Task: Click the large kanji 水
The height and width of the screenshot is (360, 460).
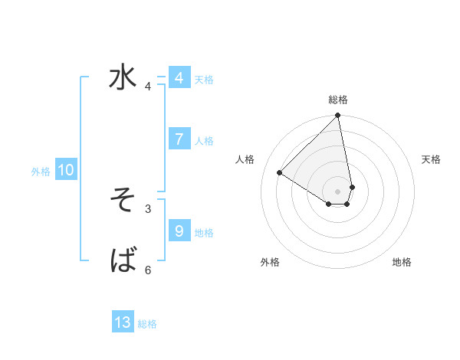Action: tap(123, 78)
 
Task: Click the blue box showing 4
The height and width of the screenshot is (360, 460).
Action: tap(179, 77)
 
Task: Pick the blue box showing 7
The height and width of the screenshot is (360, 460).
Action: tap(179, 139)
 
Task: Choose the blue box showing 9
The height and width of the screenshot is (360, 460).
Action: tap(179, 231)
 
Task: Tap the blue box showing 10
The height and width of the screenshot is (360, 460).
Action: tap(66, 170)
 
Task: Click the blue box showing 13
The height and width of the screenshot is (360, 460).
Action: tap(123, 322)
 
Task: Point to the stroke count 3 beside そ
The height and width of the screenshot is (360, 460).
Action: tap(148, 208)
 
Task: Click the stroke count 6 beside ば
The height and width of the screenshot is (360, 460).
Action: tap(148, 270)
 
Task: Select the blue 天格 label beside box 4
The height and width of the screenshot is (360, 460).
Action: tap(204, 80)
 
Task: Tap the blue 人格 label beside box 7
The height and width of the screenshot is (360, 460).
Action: tap(204, 141)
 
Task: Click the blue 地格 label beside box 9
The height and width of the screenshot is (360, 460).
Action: tap(204, 233)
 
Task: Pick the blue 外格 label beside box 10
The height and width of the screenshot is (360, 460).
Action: tap(41, 172)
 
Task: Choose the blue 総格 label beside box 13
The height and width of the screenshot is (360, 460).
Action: tap(147, 325)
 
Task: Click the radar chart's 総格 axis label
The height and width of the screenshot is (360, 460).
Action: tap(338, 100)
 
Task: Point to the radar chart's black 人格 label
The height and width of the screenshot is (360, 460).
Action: tap(245, 159)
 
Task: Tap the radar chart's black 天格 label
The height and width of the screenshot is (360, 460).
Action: tap(431, 159)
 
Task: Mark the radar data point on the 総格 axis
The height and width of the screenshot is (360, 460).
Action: tap(338, 116)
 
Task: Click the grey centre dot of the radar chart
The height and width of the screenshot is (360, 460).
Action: tap(338, 191)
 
